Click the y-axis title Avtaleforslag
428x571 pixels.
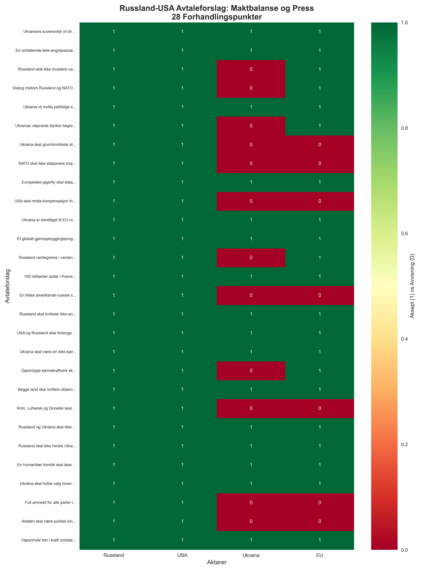coord(7,286)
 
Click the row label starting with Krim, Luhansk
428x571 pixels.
coord(46,408)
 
